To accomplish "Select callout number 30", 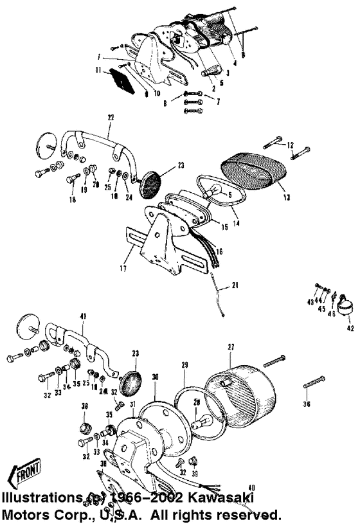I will pos(154,377).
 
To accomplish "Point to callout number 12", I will pos(291,144).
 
